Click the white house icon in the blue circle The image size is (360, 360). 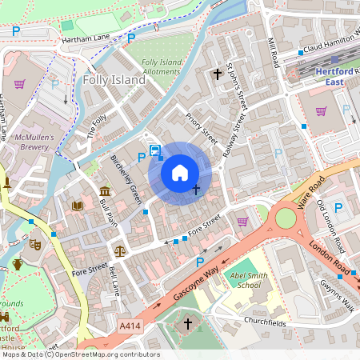coord(180,172)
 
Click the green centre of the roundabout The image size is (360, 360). coord(285,218)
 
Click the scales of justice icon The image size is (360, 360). coord(120,250)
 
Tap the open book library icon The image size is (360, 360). coord(78,206)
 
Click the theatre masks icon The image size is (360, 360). coord(35,243)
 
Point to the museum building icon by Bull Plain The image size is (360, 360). coord(105,190)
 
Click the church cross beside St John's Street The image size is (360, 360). coord(217,74)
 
